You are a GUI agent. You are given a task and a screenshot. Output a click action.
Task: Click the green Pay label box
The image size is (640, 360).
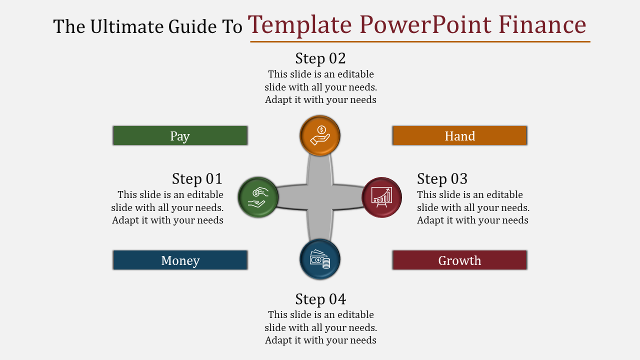pyautogui.click(x=180, y=135)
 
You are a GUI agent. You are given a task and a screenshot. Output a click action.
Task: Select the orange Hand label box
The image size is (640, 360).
pyautogui.click(x=459, y=135)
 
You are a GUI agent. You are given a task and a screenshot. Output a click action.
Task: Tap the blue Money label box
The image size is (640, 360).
pyautogui.click(x=180, y=260)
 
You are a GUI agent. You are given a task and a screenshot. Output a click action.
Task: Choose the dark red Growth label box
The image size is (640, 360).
pyautogui.click(x=459, y=260)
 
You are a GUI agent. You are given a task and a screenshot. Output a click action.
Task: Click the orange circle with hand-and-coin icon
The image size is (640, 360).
pyautogui.click(x=320, y=135)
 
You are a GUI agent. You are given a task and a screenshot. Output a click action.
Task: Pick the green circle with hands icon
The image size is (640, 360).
pyautogui.click(x=258, y=197)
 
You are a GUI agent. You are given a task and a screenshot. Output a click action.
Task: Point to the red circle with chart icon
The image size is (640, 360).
pyautogui.click(x=382, y=197)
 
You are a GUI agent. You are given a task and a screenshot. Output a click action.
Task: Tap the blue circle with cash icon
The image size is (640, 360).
pyautogui.click(x=320, y=259)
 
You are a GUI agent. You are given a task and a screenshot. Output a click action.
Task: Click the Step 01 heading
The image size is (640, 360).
pyautogui.click(x=197, y=178)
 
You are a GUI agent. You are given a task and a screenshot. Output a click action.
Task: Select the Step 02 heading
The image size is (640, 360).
pyautogui.click(x=320, y=58)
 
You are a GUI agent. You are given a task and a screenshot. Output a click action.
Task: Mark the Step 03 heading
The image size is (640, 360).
pyautogui.click(x=442, y=178)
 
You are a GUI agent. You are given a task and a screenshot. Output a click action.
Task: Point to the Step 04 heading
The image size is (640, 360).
pyautogui.click(x=320, y=299)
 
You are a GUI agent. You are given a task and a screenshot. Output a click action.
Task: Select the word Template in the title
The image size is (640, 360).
pyautogui.click(x=300, y=24)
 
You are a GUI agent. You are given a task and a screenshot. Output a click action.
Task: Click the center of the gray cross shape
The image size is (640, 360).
pyautogui.click(x=320, y=197)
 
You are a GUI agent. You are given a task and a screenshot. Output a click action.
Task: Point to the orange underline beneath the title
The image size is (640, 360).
pyautogui.click(x=420, y=41)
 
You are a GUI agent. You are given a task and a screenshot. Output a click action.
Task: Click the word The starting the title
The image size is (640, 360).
pyautogui.click(x=69, y=26)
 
